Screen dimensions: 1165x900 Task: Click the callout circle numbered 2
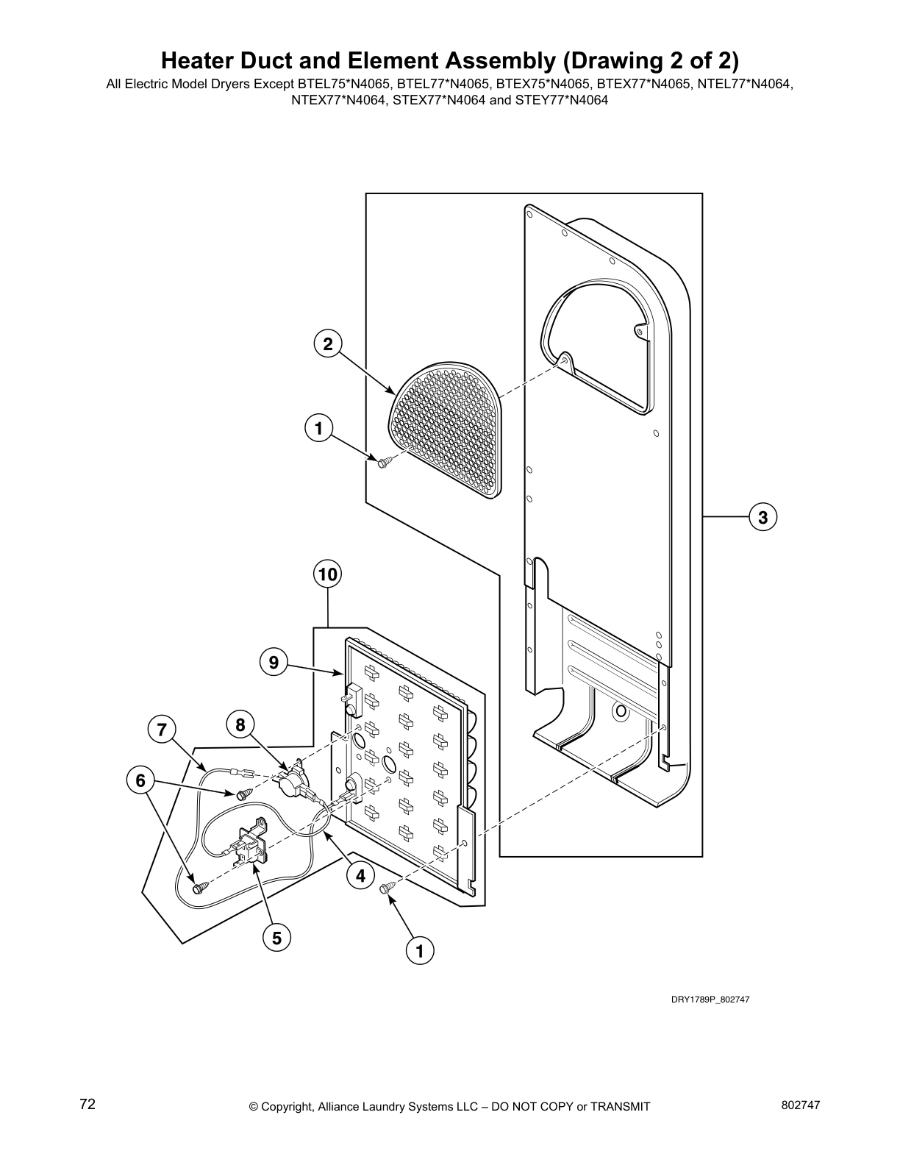click(328, 343)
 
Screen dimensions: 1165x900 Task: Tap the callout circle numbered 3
click(763, 517)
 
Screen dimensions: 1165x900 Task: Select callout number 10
click(328, 574)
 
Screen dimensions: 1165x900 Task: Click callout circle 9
click(274, 663)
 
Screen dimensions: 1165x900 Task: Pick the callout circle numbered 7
click(161, 730)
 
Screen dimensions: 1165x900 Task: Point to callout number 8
click(240, 725)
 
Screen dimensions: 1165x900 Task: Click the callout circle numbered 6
click(140, 780)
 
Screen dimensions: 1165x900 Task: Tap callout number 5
click(276, 938)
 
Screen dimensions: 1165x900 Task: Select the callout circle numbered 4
click(360, 875)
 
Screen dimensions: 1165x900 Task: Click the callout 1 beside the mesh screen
click(318, 428)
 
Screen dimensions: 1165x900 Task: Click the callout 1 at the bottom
click(420, 951)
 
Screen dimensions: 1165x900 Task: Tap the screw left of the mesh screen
click(385, 462)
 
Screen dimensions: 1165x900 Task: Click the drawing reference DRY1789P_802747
click(710, 1000)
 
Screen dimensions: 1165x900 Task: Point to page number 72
click(87, 1105)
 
